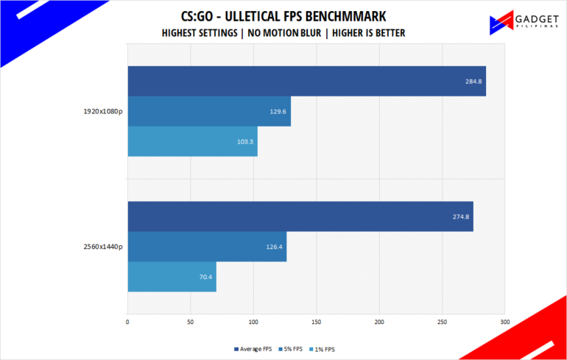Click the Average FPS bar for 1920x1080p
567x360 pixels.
pyautogui.click(x=306, y=81)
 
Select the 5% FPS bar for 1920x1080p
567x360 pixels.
pyautogui.click(x=209, y=111)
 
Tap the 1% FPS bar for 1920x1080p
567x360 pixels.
pyautogui.click(x=192, y=141)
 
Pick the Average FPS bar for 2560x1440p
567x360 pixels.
pyautogui.click(x=300, y=216)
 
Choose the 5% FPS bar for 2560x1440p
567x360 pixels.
pyautogui.click(x=207, y=247)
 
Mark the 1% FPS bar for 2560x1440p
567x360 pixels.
pyautogui.click(x=172, y=277)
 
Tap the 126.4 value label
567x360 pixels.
pyautogui.click(x=274, y=247)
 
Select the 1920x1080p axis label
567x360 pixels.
pyautogui.click(x=103, y=111)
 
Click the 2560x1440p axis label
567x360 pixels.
pyautogui.click(x=103, y=247)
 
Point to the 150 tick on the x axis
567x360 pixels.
pyautogui.click(x=316, y=322)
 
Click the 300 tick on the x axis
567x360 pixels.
pyautogui.click(x=504, y=322)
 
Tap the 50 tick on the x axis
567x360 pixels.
pyautogui.click(x=191, y=322)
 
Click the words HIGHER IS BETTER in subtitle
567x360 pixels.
pyautogui.click(x=360, y=33)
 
